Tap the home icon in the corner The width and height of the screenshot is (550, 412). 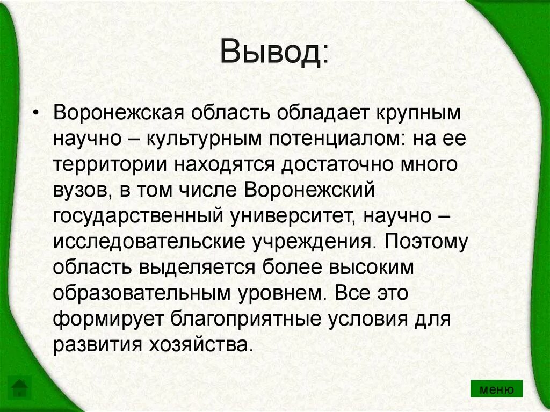tap(20, 387)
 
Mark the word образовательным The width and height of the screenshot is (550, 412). tap(141, 293)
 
